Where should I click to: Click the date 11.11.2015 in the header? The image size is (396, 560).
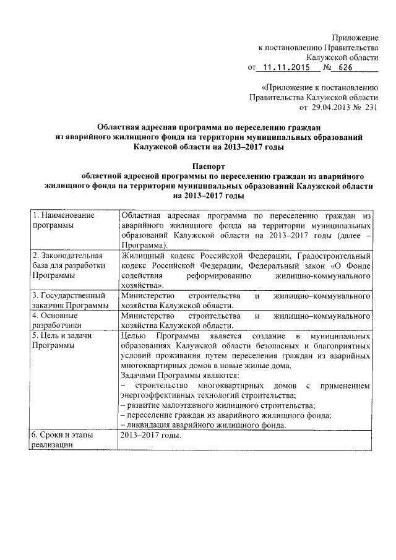tap(287, 69)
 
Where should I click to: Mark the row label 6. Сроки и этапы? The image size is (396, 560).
tap(62, 440)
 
